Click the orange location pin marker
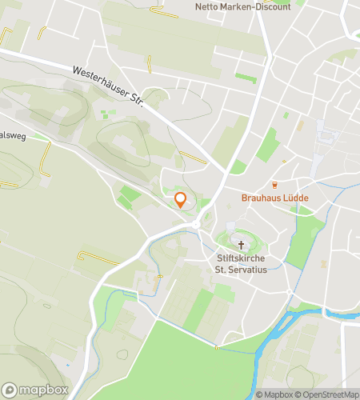181,200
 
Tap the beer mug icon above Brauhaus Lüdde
272,185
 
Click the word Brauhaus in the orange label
260,198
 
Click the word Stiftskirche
242,259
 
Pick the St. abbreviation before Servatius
223,271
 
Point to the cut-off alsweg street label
14,136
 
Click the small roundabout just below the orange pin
195,226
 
